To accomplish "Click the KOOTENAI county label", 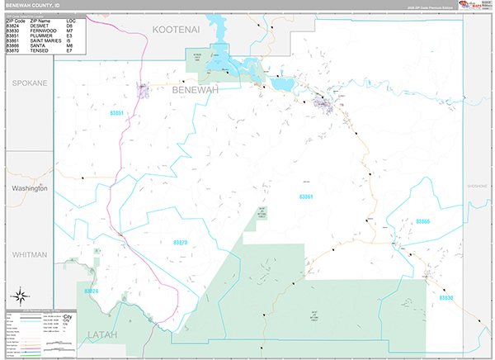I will pyautogui.click(x=177, y=30).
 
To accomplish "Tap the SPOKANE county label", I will pyautogui.click(x=29, y=83).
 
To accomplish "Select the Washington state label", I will pyautogui.click(x=29, y=188).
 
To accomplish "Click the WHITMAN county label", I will pyautogui.click(x=29, y=255).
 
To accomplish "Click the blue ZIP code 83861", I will pyautogui.click(x=306, y=197).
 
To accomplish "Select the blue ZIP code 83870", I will pyautogui.click(x=181, y=242).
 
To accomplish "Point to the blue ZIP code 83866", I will pyautogui.click(x=423, y=222).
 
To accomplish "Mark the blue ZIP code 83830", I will pyautogui.click(x=446, y=298).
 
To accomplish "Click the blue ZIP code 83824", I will pyautogui.click(x=91, y=291).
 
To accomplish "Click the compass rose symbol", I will pyautogui.click(x=19, y=295).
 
